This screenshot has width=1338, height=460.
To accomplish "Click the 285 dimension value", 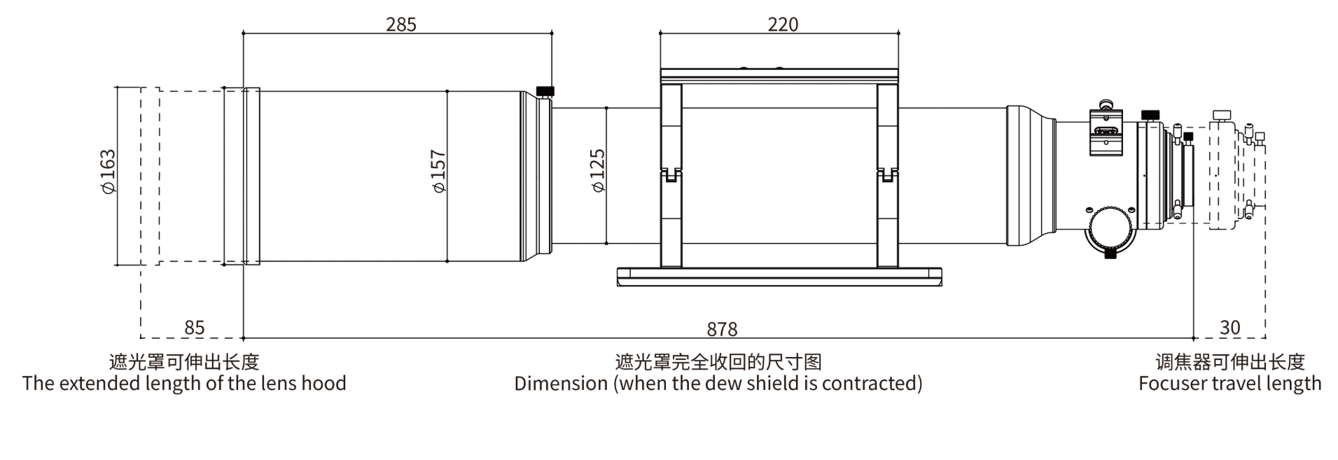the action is (400, 25).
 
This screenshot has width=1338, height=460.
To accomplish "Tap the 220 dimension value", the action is (782, 25).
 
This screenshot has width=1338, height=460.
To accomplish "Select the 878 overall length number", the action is (722, 329).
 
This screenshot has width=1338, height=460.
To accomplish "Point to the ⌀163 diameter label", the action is (107, 172).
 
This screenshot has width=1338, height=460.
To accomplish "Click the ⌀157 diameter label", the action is (438, 172).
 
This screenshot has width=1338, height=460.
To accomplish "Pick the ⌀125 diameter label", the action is (597, 172).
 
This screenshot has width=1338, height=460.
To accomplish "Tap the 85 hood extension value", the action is (194, 328).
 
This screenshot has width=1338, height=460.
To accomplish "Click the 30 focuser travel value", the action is (1229, 328).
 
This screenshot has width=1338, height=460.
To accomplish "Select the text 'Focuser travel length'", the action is (1229, 384).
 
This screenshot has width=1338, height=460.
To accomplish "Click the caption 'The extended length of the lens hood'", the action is (184, 384).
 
